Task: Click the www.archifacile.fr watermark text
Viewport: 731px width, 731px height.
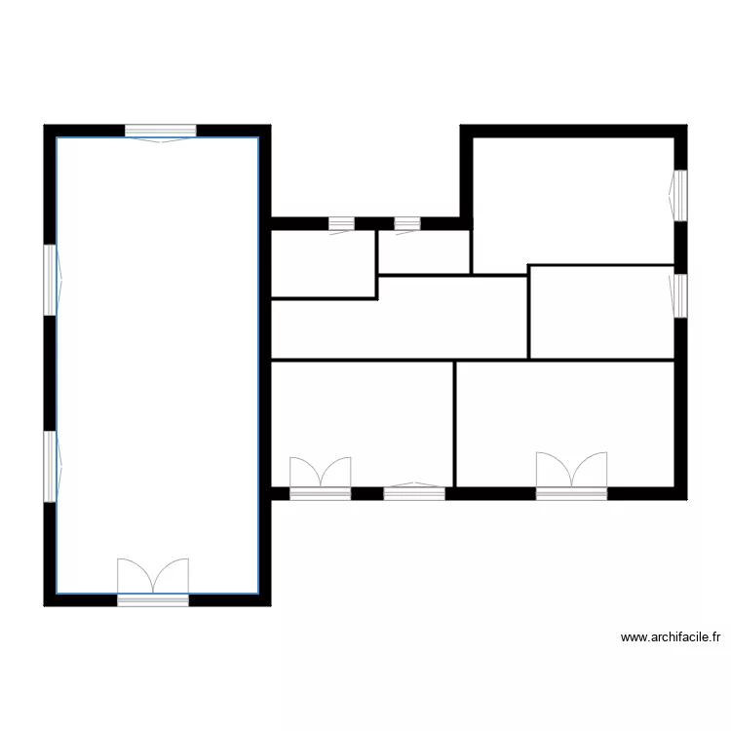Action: pyautogui.click(x=671, y=638)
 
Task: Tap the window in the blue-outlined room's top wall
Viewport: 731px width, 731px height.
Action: pyautogui.click(x=161, y=131)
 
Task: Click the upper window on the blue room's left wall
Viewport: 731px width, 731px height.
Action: pyautogui.click(x=50, y=279)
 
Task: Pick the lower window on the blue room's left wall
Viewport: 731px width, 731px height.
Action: pyautogui.click(x=50, y=467)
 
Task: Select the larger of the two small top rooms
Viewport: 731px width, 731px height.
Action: pyautogui.click(x=323, y=263)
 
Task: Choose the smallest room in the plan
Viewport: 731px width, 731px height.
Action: pyautogui.click(x=424, y=251)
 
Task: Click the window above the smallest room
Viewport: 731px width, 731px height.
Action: pyautogui.click(x=407, y=224)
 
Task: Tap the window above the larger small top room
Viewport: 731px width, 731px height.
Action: pyautogui.click(x=341, y=224)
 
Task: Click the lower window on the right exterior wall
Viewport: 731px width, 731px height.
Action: pyautogui.click(x=680, y=294)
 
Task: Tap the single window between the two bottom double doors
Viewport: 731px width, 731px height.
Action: pyautogui.click(x=414, y=493)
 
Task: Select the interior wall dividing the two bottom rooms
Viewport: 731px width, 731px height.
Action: pyautogui.click(x=455, y=423)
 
